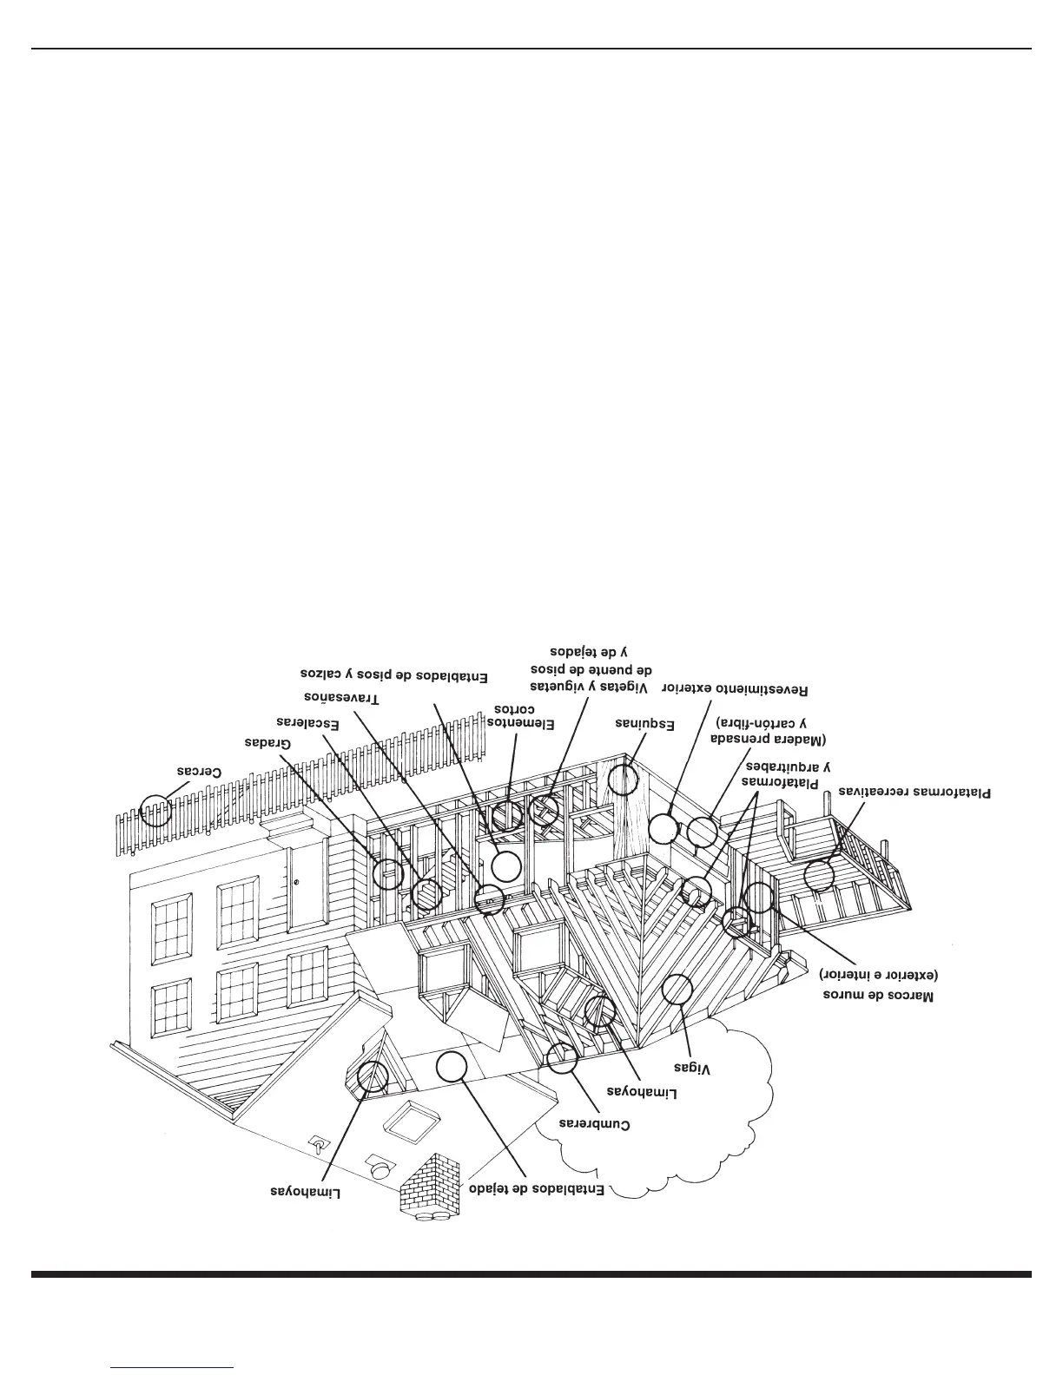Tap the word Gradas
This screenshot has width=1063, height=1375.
[x=267, y=743]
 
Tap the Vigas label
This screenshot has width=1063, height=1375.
[x=694, y=1069]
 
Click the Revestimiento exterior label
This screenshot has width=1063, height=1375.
[x=735, y=689]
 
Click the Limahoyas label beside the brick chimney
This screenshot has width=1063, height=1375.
[x=306, y=1193]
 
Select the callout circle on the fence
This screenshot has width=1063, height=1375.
[x=156, y=810]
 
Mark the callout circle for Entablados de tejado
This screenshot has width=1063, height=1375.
[x=452, y=1066]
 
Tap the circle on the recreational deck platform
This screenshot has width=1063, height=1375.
[x=819, y=875]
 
